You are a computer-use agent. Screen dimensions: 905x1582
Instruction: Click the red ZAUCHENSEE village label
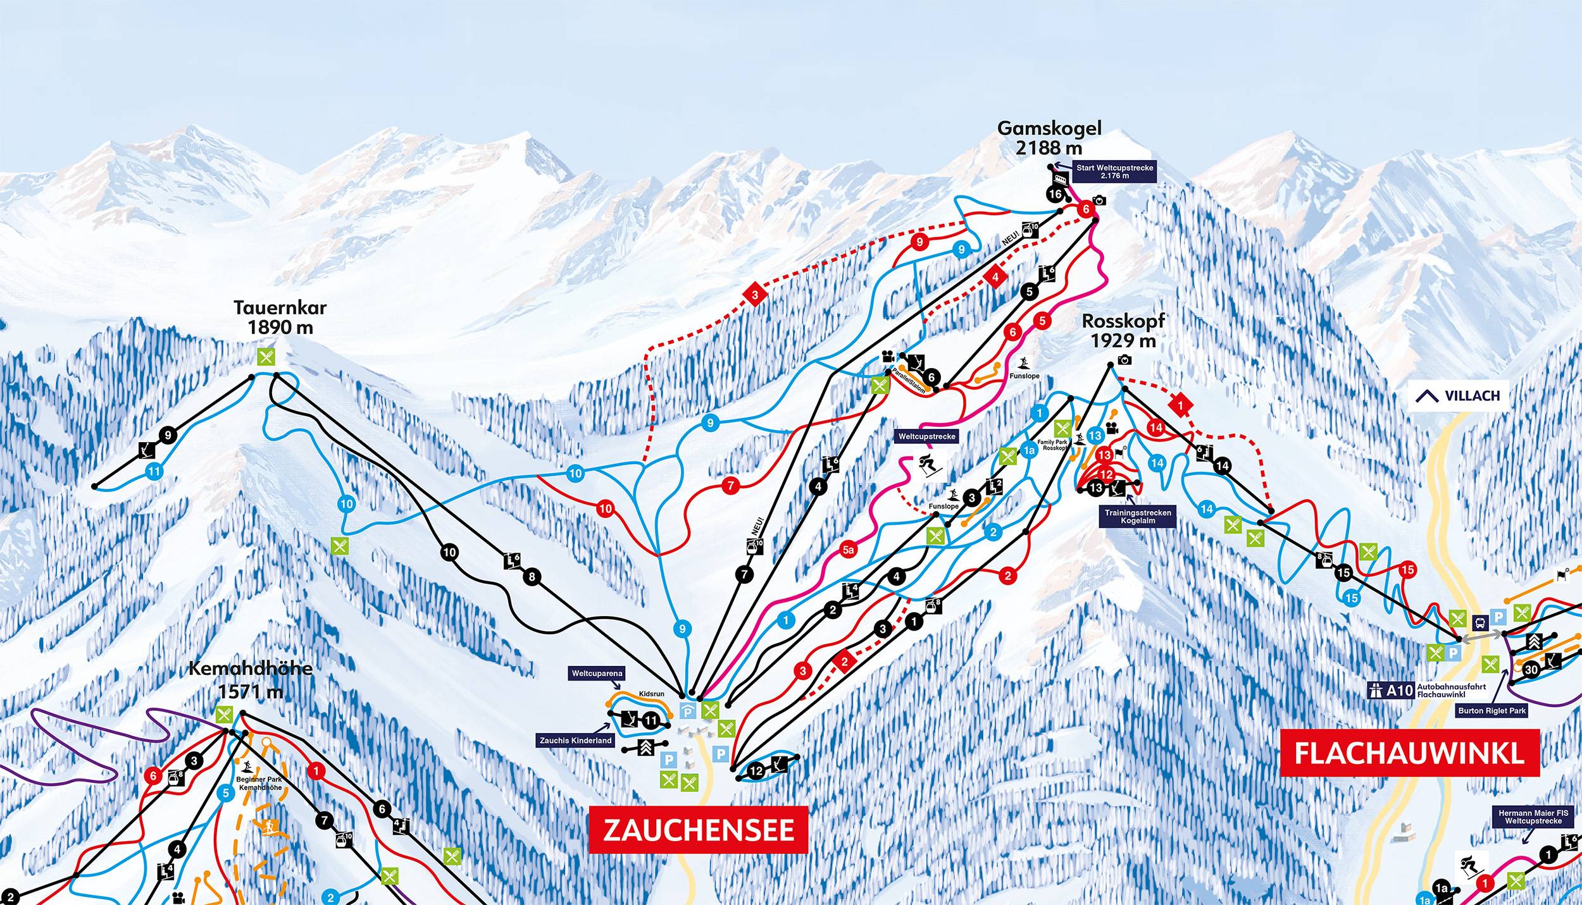tap(698, 830)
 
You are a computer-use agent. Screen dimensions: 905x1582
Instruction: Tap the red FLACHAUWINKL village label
tap(1409, 753)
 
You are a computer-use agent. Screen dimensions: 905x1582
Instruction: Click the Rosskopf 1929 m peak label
tap(1123, 331)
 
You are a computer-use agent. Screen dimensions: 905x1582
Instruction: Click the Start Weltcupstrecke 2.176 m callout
tap(1115, 171)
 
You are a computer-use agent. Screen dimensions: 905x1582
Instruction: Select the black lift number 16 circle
tap(1055, 194)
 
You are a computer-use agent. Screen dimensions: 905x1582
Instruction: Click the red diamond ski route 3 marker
tap(754, 295)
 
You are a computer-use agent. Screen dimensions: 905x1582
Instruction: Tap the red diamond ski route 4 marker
tap(995, 277)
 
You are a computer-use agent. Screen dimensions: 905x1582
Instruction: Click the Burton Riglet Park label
tap(1492, 710)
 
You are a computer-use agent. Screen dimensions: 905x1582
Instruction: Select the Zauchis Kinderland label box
tap(575, 740)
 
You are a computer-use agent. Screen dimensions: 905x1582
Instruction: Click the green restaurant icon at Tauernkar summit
tap(266, 357)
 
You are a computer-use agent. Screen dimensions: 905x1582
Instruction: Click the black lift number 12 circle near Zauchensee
tap(756, 771)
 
